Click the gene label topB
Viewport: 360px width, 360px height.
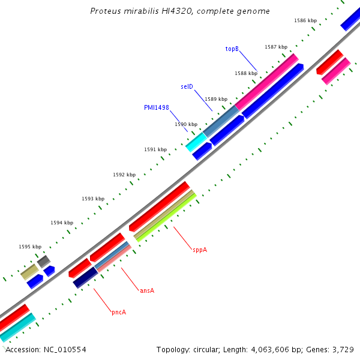[x=232, y=49]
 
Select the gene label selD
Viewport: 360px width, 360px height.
[x=187, y=86]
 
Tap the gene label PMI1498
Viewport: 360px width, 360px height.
[x=156, y=107]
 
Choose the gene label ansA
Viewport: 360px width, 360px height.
[x=147, y=290]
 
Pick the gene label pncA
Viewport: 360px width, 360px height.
[x=118, y=312]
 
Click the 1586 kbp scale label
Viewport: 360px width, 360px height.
[x=305, y=20]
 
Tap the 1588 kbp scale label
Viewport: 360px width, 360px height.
[x=246, y=73]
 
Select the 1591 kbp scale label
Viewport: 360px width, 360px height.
[x=155, y=149]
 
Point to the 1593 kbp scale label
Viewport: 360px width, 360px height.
[x=93, y=199]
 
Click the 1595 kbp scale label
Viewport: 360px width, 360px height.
[x=30, y=247]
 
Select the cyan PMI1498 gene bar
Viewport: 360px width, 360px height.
[x=196, y=142]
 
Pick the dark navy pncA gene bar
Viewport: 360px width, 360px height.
[x=85, y=277]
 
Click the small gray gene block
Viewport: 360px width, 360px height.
[x=43, y=262]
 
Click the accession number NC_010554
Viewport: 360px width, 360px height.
[x=64, y=349]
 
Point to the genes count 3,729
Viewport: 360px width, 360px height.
[x=342, y=349]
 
